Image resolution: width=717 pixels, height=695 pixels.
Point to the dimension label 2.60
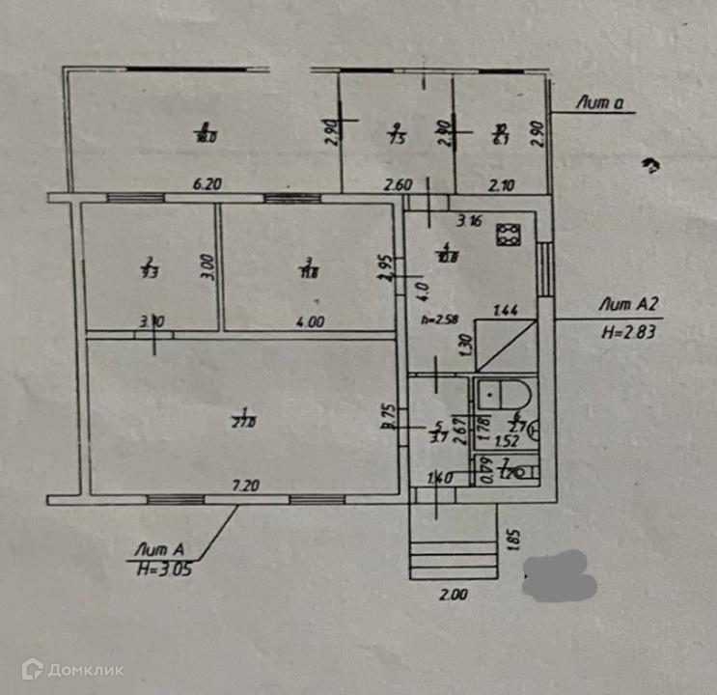point(400,184)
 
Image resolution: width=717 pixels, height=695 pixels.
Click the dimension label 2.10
point(500,184)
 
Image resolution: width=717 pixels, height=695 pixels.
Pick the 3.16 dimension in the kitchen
point(469,221)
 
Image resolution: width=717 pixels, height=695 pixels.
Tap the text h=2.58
point(439,318)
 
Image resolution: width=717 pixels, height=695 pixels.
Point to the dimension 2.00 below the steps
point(453,596)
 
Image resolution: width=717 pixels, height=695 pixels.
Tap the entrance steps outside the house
point(453,555)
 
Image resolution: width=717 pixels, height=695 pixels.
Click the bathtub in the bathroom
point(506,396)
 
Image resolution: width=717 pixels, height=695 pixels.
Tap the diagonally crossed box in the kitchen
point(506,347)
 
